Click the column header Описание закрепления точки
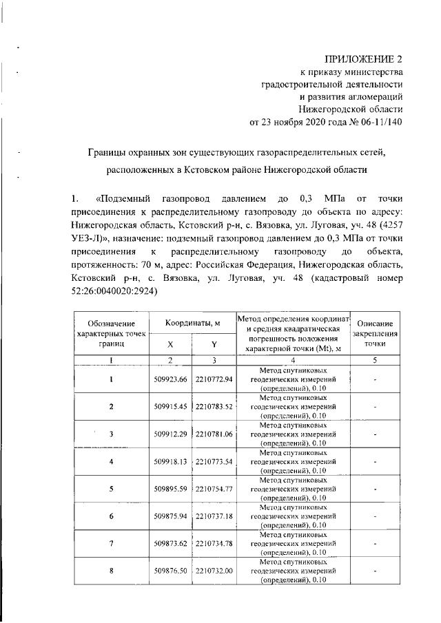pyautogui.click(x=373, y=332)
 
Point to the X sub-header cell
pyautogui.click(x=170, y=345)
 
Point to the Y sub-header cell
pyautogui.click(x=214, y=345)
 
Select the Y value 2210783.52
pyautogui.click(x=214, y=406)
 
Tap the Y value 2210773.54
pyautogui.click(x=214, y=461)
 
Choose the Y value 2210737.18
pyautogui.click(x=214, y=516)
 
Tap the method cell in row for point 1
pyautogui.click(x=293, y=379)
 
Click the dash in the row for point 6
pyautogui.click(x=373, y=516)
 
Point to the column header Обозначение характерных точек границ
pyautogui.click(x=111, y=332)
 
